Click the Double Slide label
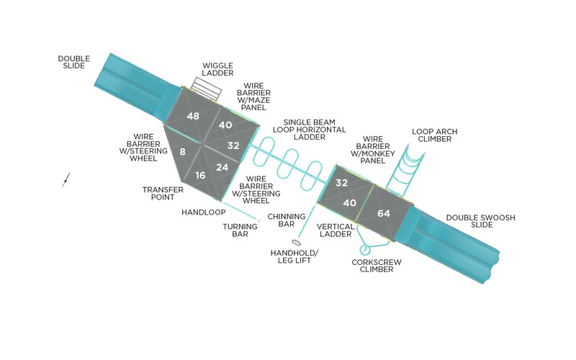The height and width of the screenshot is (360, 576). point(74,62)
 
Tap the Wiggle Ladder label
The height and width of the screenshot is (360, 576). point(217,69)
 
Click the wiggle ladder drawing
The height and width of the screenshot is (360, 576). point(207,89)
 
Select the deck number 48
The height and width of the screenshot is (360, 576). point(193,116)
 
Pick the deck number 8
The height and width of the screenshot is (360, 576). point(183,151)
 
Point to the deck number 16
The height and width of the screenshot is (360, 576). point(200,176)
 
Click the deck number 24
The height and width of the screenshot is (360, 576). point(222,168)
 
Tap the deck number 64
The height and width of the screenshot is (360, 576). point(384,213)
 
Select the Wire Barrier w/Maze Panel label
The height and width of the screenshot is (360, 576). point(253,96)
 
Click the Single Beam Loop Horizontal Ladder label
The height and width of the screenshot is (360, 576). point(310,130)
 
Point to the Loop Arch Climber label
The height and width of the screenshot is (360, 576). point(435,135)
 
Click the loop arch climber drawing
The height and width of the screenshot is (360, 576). point(405,169)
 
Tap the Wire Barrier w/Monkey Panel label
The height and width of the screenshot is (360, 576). point(373,150)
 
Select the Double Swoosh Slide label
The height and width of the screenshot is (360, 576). point(480,221)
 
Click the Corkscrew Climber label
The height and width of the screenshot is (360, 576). point(377,266)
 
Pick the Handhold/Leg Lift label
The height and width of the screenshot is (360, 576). point(294,257)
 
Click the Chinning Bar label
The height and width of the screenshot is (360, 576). point(287,220)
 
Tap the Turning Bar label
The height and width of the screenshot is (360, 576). point(240,230)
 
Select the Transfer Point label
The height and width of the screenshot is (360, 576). point(163,194)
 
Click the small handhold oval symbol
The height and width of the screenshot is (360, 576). point(297,243)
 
